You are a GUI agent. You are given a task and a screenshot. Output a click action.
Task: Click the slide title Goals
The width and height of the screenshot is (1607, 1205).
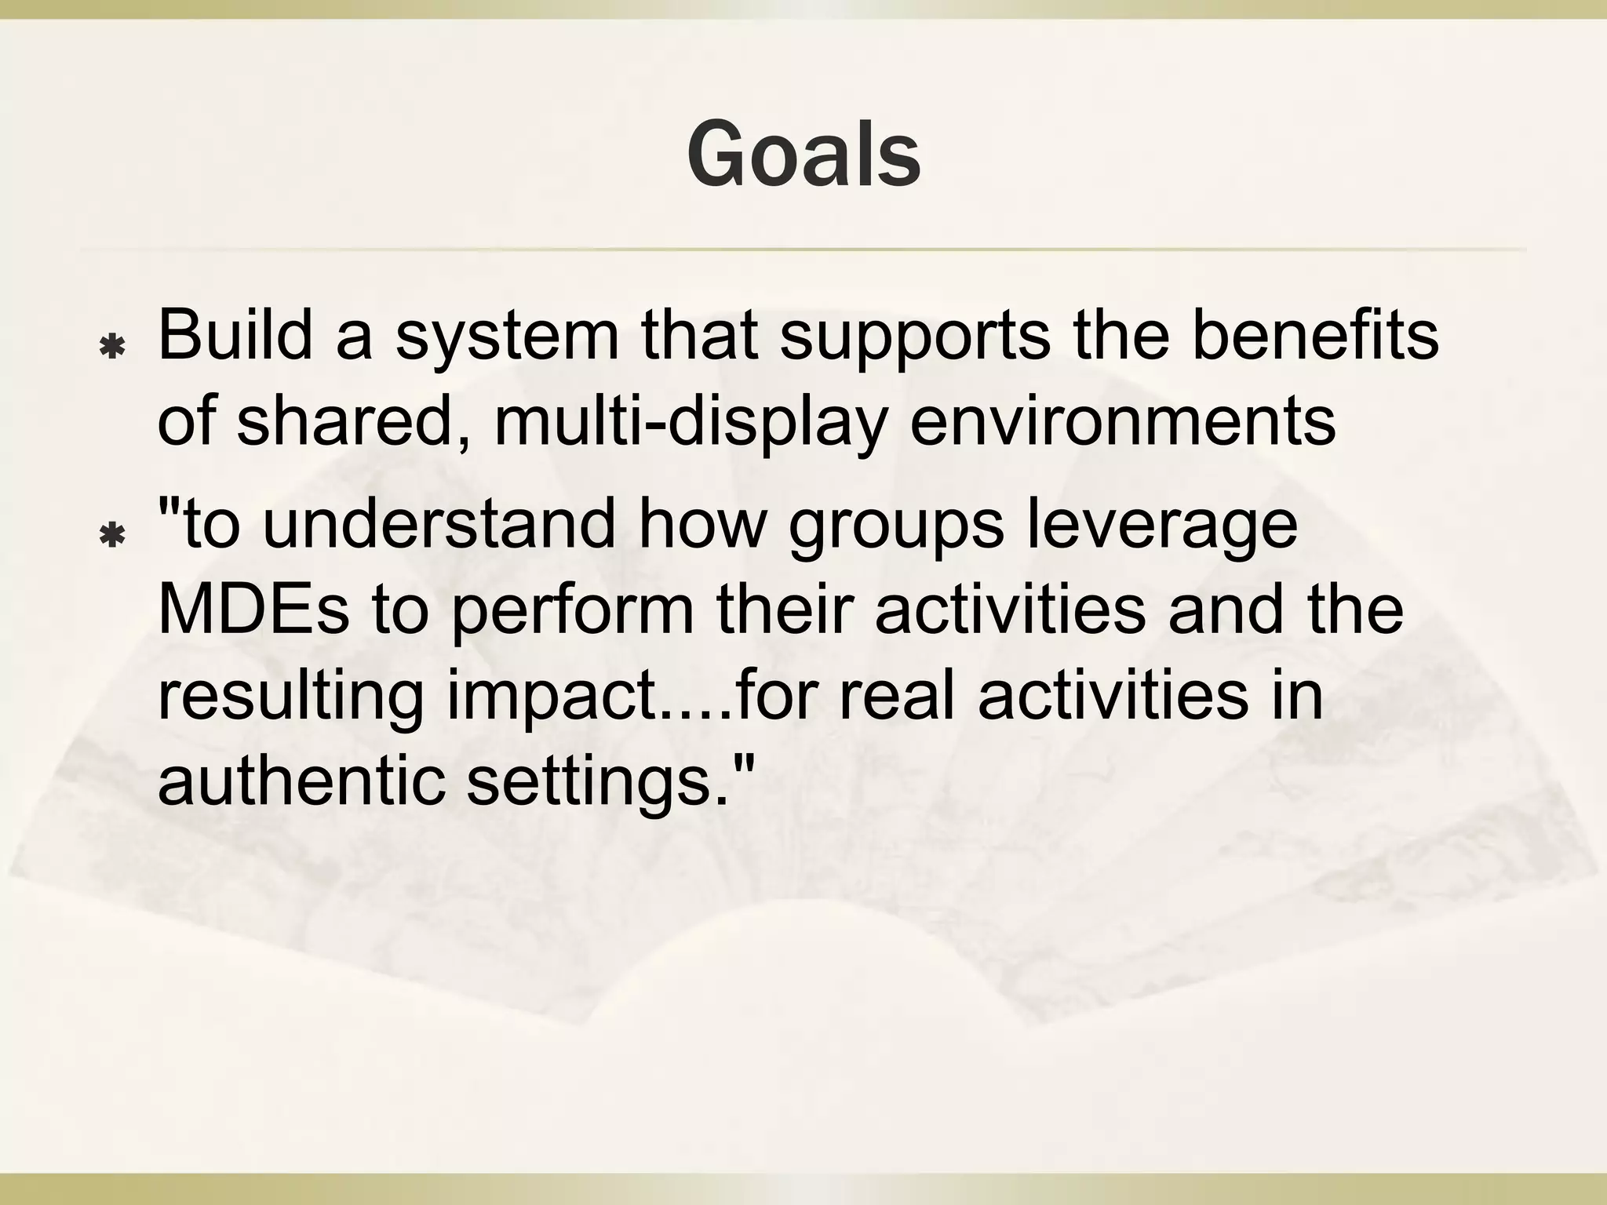pyautogui.click(x=803, y=155)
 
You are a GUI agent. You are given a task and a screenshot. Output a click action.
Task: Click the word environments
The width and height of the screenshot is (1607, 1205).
pyautogui.click(x=1122, y=422)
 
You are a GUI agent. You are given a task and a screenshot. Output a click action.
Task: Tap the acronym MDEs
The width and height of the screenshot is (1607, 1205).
pyautogui.click(x=253, y=610)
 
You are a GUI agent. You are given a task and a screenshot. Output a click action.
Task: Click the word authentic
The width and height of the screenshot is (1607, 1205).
pyautogui.click(x=301, y=781)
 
